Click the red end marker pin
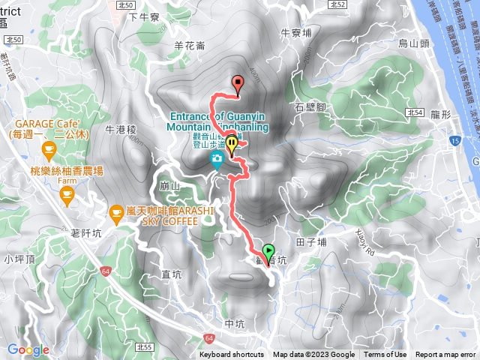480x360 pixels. [239, 84]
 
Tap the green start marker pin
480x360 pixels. [268, 252]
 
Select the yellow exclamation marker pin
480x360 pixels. [232, 142]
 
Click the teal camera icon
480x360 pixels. [217, 158]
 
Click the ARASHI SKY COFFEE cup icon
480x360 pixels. [116, 213]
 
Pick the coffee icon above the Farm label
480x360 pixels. [65, 195]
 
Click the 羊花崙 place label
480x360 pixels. [189, 46]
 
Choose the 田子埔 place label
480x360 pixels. [311, 242]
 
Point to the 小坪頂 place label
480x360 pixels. [16, 259]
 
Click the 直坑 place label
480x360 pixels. [172, 275]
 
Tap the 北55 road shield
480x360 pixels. [145, 347]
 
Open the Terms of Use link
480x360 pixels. [385, 355]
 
